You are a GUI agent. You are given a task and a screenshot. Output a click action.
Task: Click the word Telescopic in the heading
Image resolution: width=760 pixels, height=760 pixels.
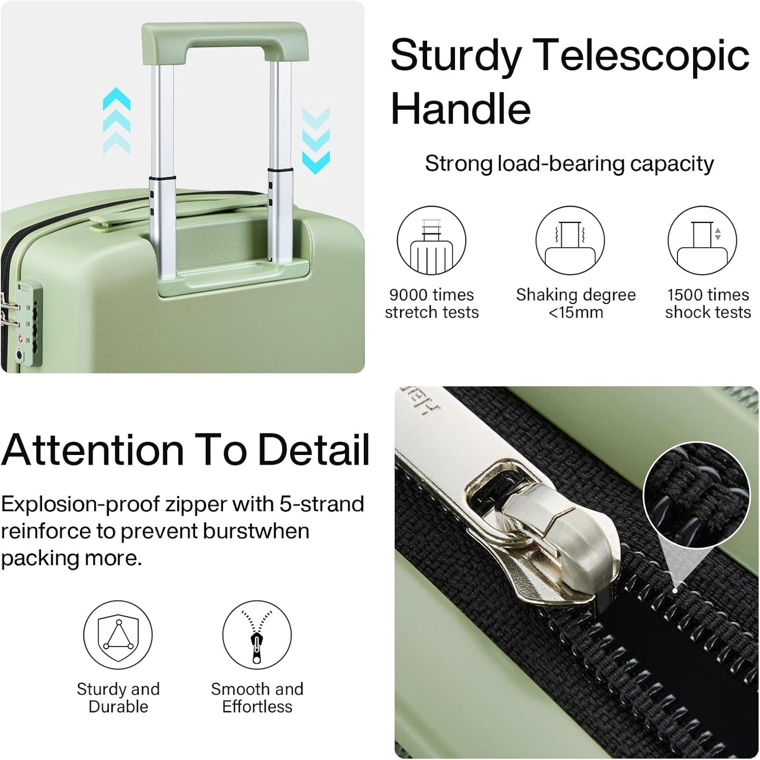click(x=643, y=56)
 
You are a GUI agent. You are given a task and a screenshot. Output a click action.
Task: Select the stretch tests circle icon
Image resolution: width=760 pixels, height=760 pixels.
click(x=431, y=240)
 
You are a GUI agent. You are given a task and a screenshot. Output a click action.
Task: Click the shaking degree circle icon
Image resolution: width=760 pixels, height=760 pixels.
click(x=570, y=240)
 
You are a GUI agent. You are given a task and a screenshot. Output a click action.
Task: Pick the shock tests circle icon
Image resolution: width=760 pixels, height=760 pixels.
click(x=702, y=240)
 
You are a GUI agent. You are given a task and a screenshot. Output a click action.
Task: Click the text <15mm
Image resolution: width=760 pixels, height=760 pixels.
click(x=575, y=312)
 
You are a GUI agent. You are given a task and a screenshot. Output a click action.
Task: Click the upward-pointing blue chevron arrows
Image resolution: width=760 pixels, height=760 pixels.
click(x=116, y=120)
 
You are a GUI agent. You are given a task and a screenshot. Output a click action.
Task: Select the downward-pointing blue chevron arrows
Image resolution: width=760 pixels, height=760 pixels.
click(x=316, y=140)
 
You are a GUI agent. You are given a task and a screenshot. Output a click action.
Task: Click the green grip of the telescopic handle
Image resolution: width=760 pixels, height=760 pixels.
click(x=225, y=41)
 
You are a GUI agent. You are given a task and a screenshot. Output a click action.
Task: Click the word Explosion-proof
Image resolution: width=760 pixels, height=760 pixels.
click(x=79, y=504)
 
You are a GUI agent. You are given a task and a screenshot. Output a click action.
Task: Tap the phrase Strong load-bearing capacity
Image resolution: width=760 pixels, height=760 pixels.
click(x=569, y=164)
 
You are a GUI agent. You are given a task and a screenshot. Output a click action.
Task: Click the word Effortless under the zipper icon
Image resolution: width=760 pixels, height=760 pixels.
click(x=257, y=707)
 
